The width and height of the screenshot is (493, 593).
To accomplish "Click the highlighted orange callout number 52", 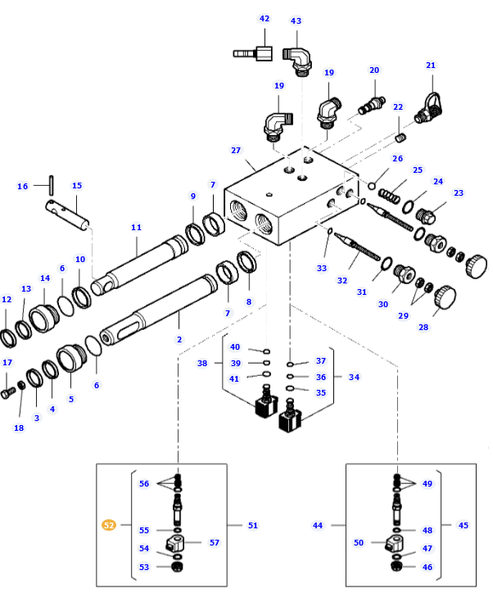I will tap(108, 526).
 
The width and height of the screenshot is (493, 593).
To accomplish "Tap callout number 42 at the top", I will tap(264, 19).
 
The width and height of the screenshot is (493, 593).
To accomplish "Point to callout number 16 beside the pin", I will tap(23, 187).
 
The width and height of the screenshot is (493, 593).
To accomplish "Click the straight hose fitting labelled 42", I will tap(254, 55).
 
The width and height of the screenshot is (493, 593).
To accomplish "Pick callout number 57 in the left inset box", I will tap(215, 543).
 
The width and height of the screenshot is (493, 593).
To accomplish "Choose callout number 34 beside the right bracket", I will tap(354, 378).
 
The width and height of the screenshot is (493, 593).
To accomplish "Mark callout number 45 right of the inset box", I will tap(464, 526).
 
